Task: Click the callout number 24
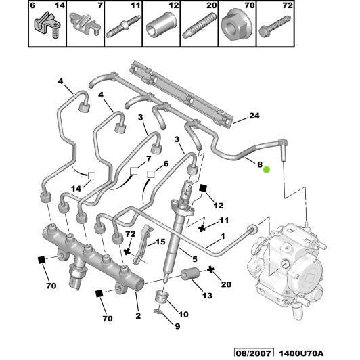tap(254, 116)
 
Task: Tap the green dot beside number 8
tap(267, 169)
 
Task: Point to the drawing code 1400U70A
tap(301, 353)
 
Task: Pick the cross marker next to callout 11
tap(202, 229)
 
